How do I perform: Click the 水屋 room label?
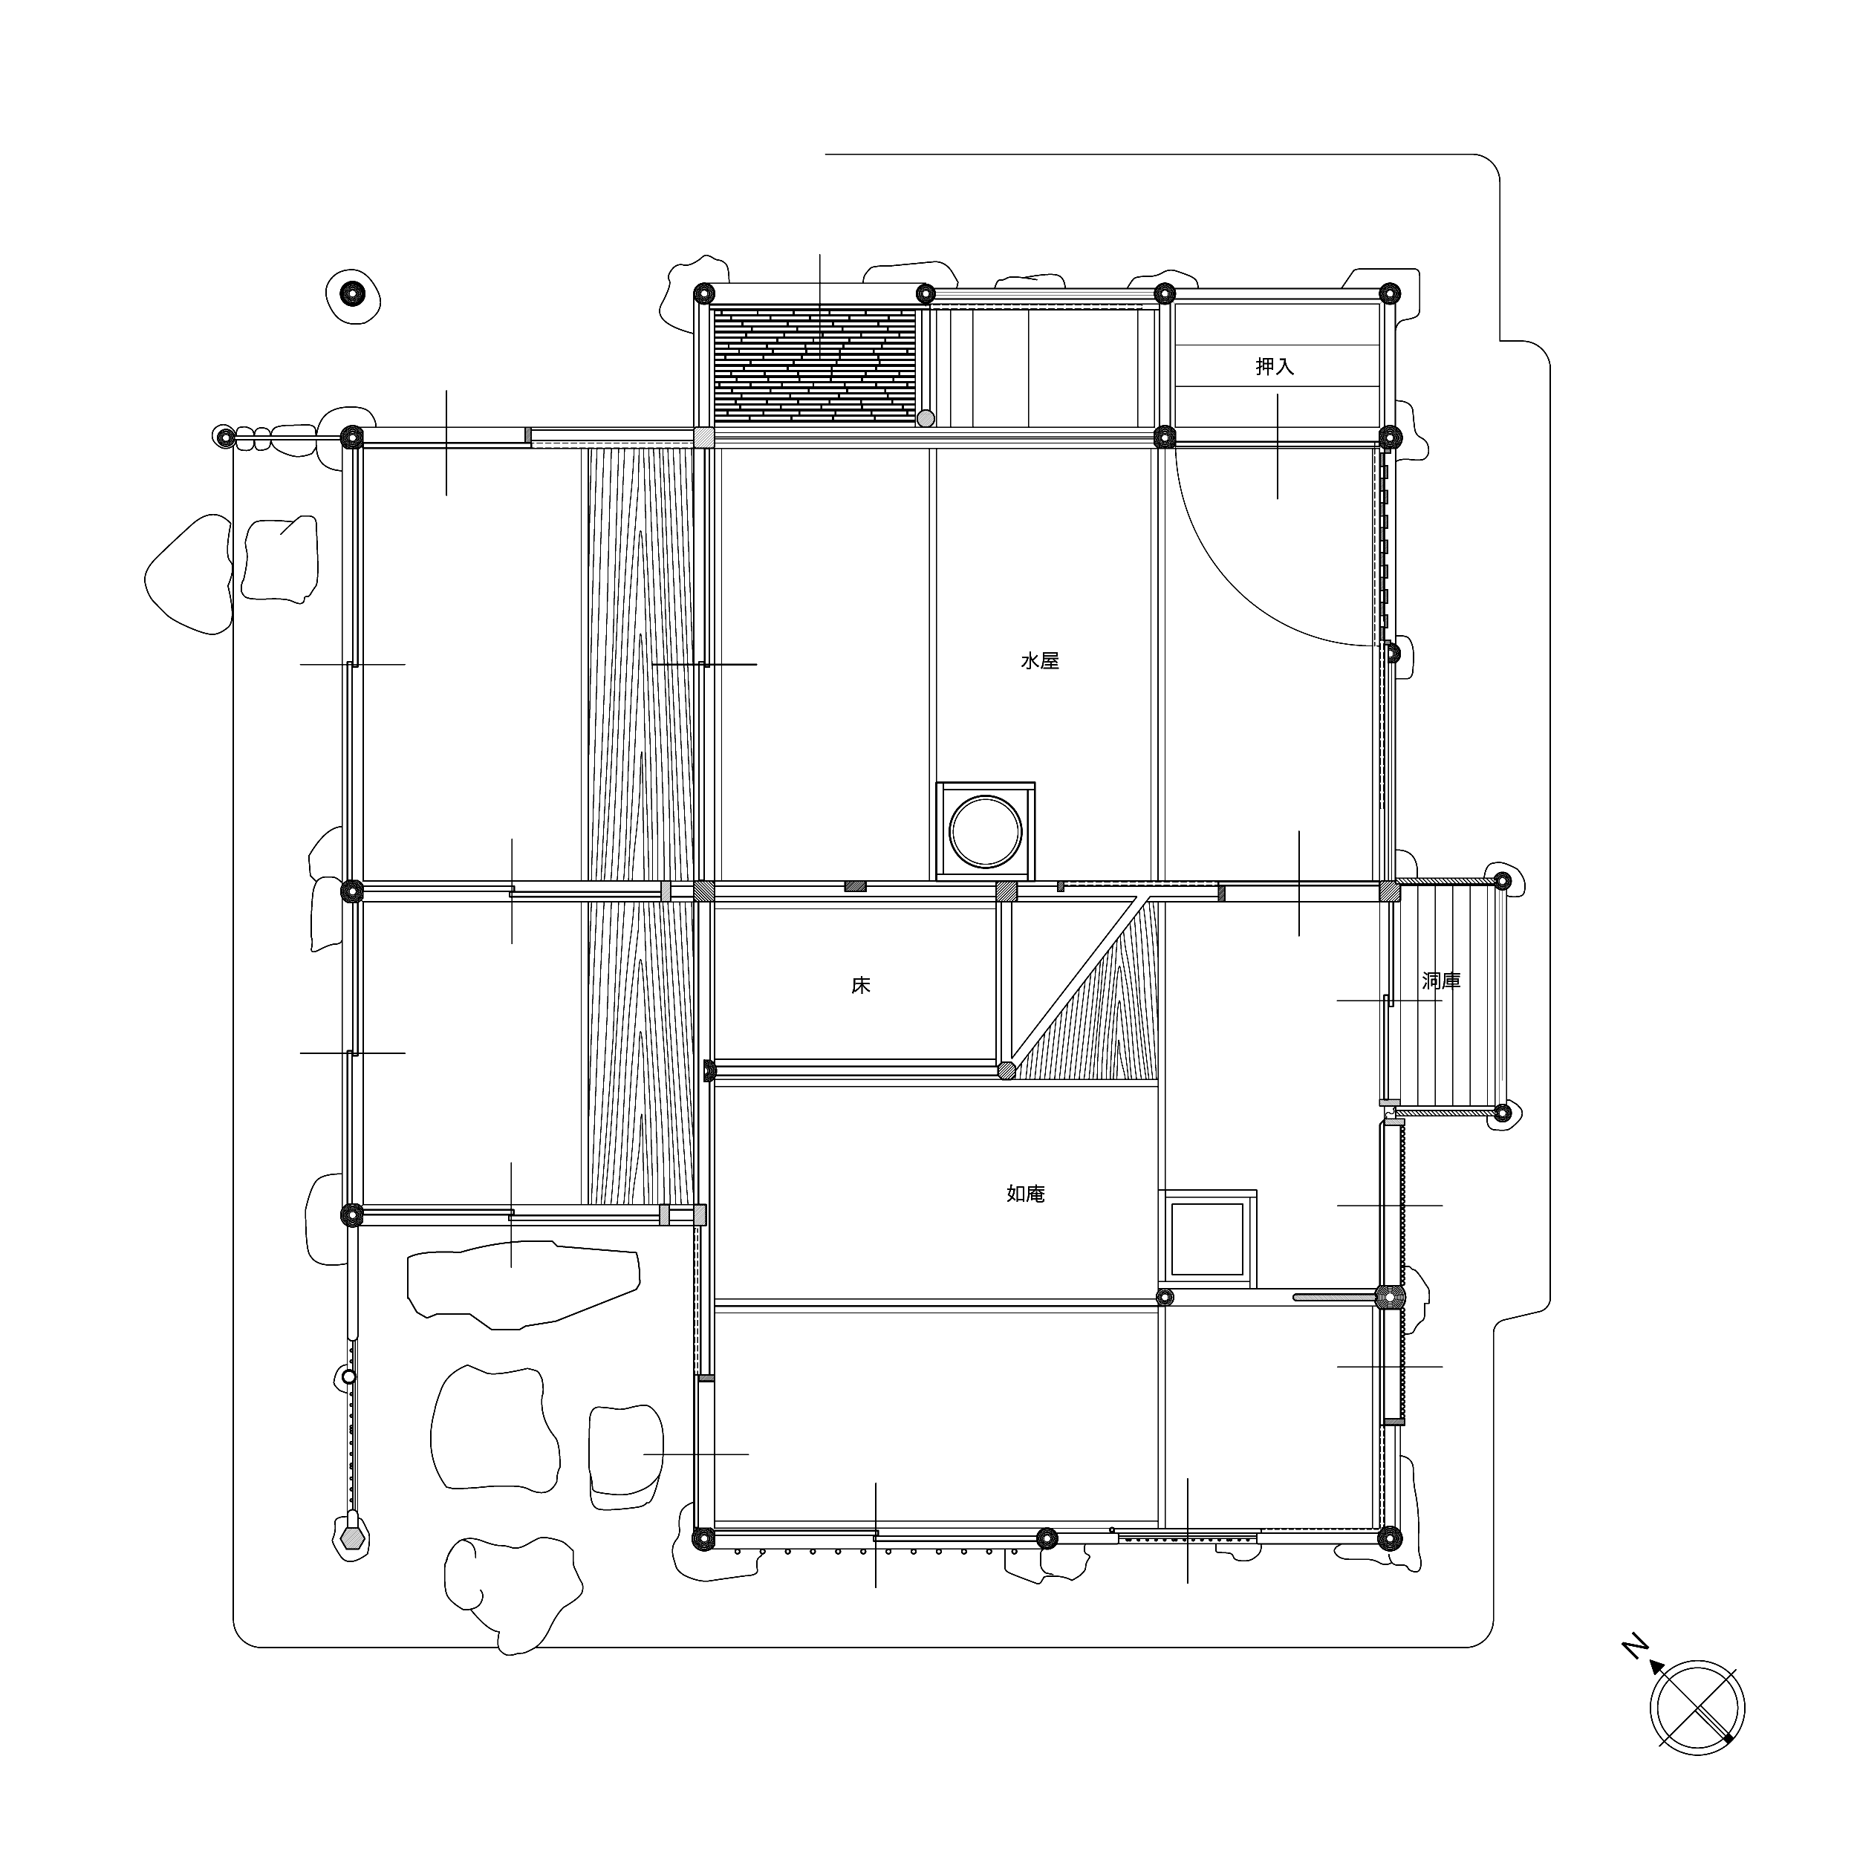1039,661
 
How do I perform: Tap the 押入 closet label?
1275,366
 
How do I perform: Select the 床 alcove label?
860,985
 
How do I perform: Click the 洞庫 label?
1441,980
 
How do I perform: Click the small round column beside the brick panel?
926,419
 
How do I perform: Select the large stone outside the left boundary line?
189,575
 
